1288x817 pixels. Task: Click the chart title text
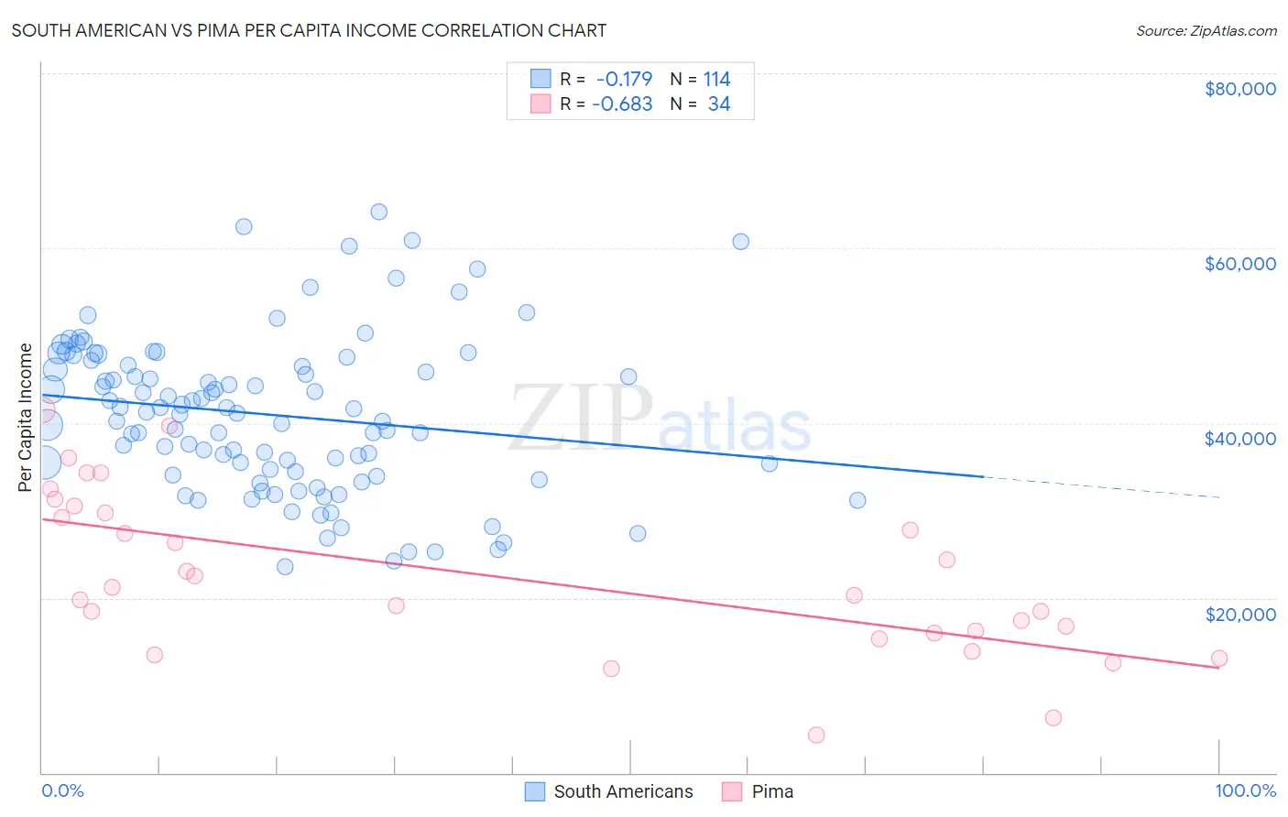coord(308,30)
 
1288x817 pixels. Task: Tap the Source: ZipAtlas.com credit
coord(1206,30)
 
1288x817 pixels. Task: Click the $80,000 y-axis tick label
coord(1239,89)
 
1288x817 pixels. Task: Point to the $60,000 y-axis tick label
coord(1239,264)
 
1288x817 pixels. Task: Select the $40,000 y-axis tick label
coord(1239,439)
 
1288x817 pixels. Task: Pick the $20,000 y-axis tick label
coord(1239,614)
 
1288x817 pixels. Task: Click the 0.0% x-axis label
coord(62,790)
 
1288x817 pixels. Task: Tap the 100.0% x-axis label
coord(1245,790)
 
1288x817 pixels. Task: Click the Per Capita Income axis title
coord(25,418)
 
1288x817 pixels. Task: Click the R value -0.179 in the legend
coord(624,80)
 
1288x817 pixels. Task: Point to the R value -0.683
coord(622,104)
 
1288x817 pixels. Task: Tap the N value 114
coord(716,80)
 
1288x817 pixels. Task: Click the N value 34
coord(719,104)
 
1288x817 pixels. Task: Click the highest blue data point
coord(378,212)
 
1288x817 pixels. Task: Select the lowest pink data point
coord(816,735)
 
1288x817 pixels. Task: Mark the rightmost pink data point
coord(1218,658)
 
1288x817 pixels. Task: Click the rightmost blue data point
coord(857,500)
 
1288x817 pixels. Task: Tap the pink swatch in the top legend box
coord(540,104)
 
